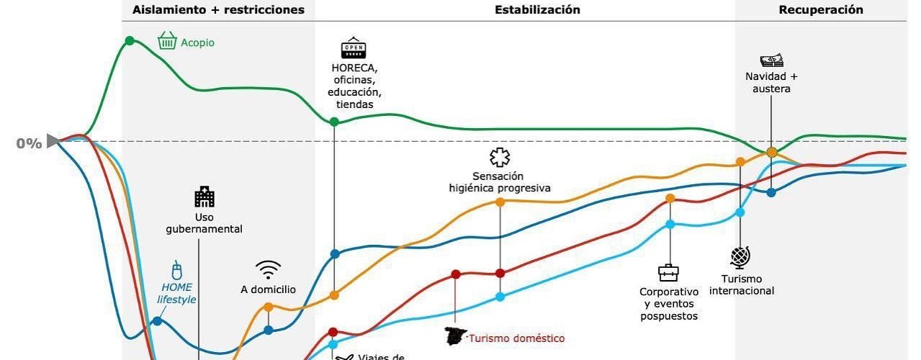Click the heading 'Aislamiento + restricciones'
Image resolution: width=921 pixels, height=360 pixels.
pos(218,10)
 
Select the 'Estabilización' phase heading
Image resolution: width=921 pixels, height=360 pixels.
pos(537,10)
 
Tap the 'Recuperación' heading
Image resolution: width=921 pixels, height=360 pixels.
pos(821,10)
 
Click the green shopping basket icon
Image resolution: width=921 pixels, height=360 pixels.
pos(167,40)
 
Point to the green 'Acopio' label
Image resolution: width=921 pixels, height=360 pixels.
pos(197,42)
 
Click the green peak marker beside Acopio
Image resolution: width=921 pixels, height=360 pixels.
pos(130,40)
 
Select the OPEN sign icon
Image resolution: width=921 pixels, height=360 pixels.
pos(353,48)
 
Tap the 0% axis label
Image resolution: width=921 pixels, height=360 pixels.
pos(29,143)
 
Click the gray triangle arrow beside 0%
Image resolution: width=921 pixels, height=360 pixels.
pos(53,141)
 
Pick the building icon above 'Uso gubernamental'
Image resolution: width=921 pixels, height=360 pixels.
pos(205,197)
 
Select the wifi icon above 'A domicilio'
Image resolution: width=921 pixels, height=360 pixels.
pos(269,270)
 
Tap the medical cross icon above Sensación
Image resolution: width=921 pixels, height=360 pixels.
pos(498,158)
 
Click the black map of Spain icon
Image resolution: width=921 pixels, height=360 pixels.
pos(455,336)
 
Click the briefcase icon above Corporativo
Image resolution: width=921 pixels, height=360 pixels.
pos(668,273)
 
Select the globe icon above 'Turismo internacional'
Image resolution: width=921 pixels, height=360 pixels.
pos(740,257)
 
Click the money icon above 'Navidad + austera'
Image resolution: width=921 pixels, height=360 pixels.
pos(771,61)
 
